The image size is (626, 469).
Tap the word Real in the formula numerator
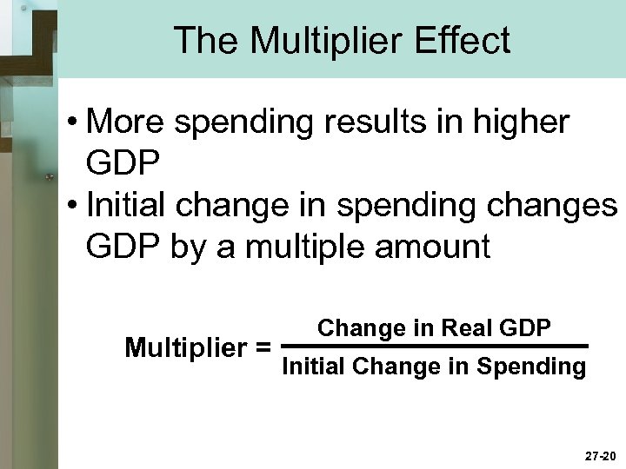coord(468,328)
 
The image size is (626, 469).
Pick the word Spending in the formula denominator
coord(540,367)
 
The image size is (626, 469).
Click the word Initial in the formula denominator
coord(314,367)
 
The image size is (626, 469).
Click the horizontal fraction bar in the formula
coord(436,347)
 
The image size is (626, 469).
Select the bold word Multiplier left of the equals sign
coord(185,348)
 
